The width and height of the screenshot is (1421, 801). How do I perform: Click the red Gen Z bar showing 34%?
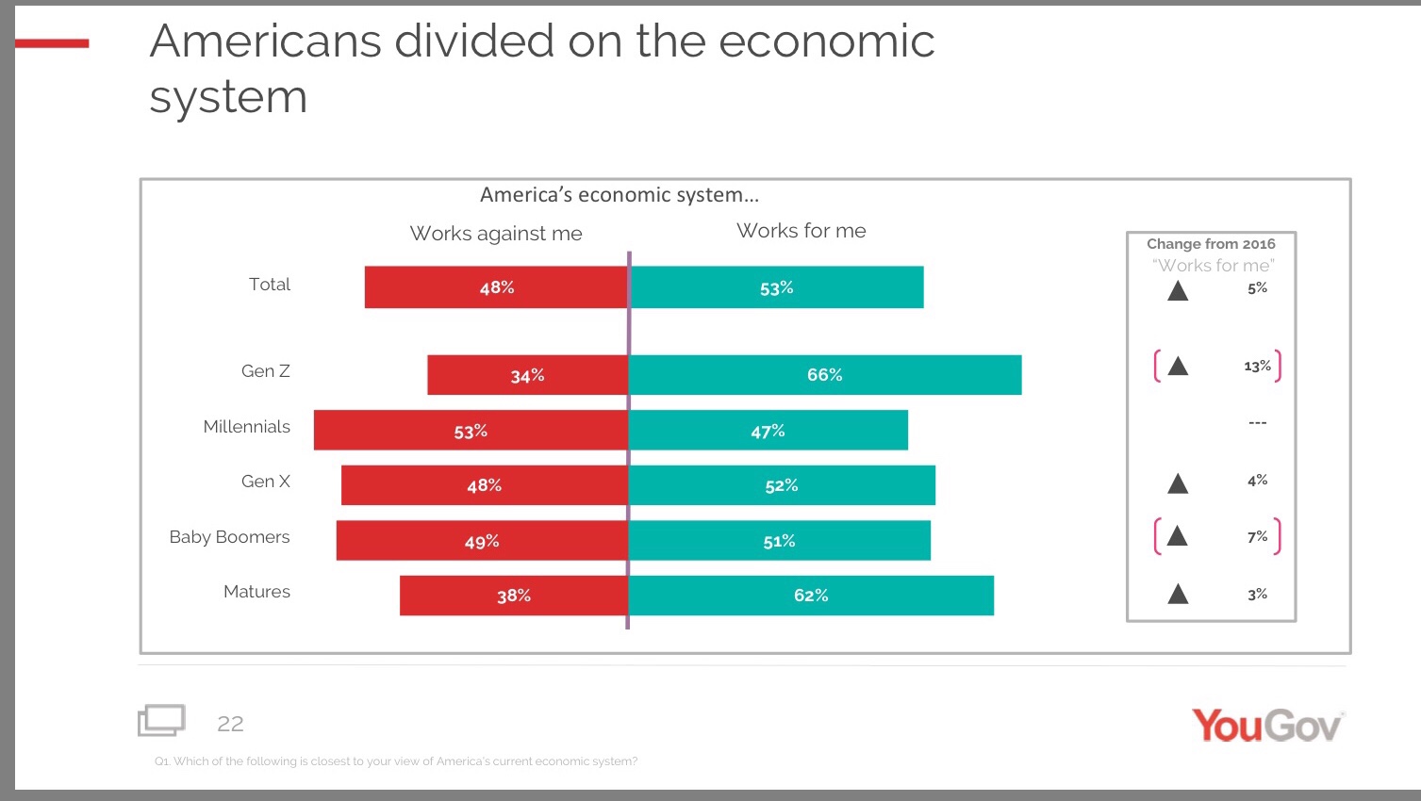[x=527, y=375]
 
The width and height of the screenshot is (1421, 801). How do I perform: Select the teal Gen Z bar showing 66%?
[x=824, y=375]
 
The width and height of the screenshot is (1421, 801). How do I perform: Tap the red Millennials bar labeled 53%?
[x=471, y=431]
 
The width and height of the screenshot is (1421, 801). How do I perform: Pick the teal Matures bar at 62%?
[x=811, y=596]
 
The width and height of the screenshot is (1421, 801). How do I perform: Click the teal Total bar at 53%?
[x=776, y=287]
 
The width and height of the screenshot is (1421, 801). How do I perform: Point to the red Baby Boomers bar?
[x=482, y=541]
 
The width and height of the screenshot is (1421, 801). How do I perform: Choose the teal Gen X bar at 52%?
[x=782, y=485]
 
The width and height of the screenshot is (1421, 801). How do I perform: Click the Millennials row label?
[x=247, y=427]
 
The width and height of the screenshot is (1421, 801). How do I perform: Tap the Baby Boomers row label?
[x=229, y=537]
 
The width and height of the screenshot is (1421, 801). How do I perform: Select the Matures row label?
[x=256, y=592]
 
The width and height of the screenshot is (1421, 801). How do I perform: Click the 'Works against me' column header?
[x=496, y=234]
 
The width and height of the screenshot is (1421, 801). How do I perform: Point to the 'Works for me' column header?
[x=801, y=231]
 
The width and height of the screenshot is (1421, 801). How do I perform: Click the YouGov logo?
[x=1267, y=726]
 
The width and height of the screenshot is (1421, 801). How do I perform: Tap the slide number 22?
[x=230, y=724]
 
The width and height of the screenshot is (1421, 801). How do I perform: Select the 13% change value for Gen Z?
[x=1257, y=366]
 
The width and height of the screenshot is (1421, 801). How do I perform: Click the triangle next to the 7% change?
[x=1177, y=536]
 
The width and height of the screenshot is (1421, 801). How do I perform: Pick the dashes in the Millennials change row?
[x=1257, y=423]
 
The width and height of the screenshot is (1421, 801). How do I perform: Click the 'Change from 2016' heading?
[x=1211, y=244]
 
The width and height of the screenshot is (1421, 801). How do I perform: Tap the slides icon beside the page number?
[x=161, y=721]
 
